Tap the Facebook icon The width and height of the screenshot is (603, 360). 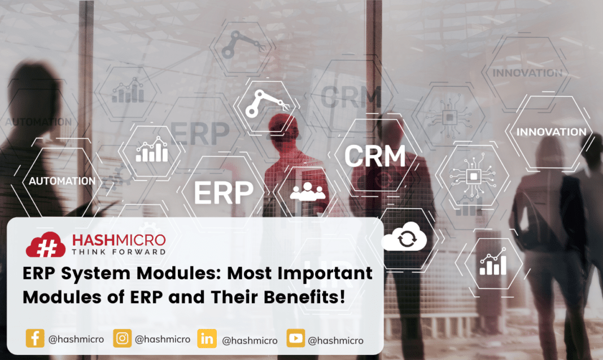pos(35,339)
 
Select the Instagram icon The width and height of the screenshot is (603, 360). pos(122,339)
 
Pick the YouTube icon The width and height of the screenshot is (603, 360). pos(295,339)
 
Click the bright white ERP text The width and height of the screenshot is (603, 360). pos(224,192)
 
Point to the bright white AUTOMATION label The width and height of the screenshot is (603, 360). pos(62,181)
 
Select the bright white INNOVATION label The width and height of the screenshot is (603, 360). pos(552,131)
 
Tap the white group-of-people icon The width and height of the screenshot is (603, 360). pos(307,192)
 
